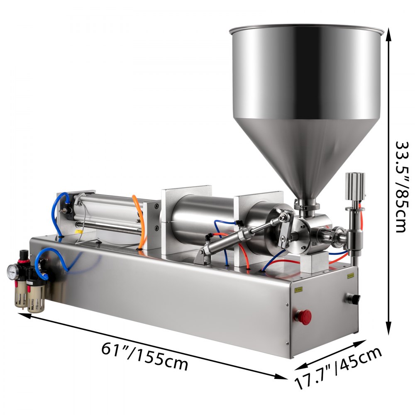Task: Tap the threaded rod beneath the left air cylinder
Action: click(108, 228)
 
